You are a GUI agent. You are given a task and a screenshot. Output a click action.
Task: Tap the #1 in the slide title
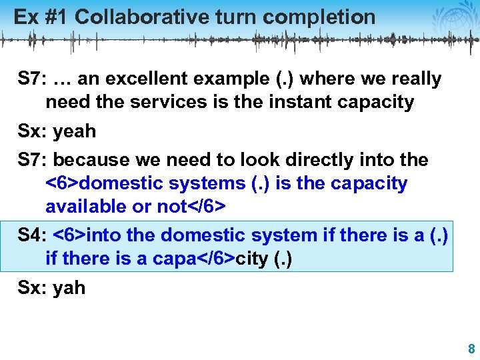55,17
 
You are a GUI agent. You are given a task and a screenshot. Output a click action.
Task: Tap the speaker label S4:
32,235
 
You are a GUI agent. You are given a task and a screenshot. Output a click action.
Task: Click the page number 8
471,349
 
